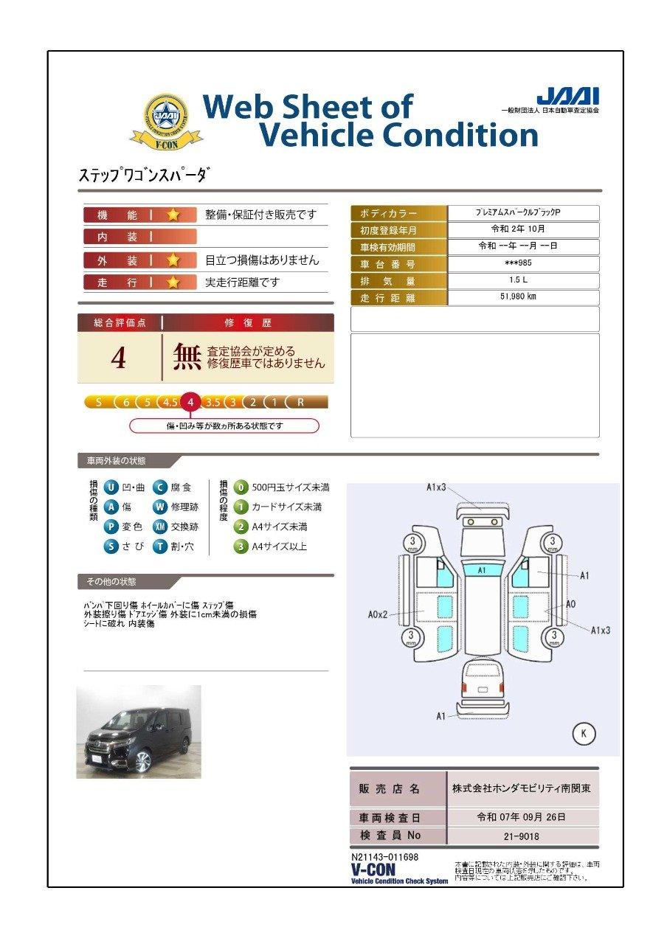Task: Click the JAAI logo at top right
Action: click(567, 97)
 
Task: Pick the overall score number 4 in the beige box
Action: click(119, 358)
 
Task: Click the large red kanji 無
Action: click(187, 357)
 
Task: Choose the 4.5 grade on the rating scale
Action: click(170, 402)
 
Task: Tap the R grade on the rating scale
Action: click(300, 402)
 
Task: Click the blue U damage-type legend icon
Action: click(111, 487)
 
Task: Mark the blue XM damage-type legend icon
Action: click(160, 527)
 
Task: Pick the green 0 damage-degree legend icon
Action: click(241, 487)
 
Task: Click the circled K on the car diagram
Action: click(584, 733)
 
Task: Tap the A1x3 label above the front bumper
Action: click(437, 487)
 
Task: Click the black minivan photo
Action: click(139, 732)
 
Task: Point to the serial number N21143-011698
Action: click(385, 857)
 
